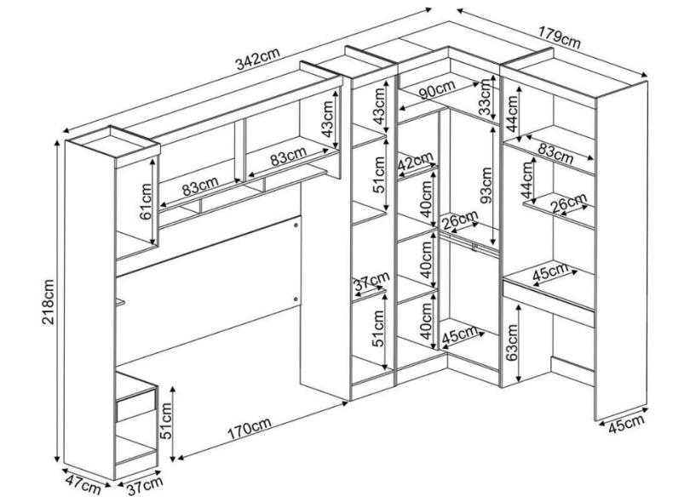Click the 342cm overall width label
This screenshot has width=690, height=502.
point(258,59)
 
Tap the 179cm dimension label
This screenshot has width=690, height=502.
point(560,37)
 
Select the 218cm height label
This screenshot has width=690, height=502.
point(48,301)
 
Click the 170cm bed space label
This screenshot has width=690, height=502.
point(249,428)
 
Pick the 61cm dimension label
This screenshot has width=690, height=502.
point(145,201)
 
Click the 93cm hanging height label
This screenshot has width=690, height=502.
point(486,185)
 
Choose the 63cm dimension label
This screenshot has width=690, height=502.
point(511,342)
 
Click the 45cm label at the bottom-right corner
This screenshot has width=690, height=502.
point(626,424)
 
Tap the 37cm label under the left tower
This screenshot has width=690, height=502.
point(145,485)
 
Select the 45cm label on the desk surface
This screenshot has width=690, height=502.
point(550,272)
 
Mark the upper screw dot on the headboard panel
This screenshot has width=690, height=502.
point(296,225)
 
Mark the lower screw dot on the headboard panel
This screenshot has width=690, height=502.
point(296,299)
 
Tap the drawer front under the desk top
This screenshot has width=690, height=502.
point(549,302)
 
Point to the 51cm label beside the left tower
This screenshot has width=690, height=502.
point(167,421)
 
